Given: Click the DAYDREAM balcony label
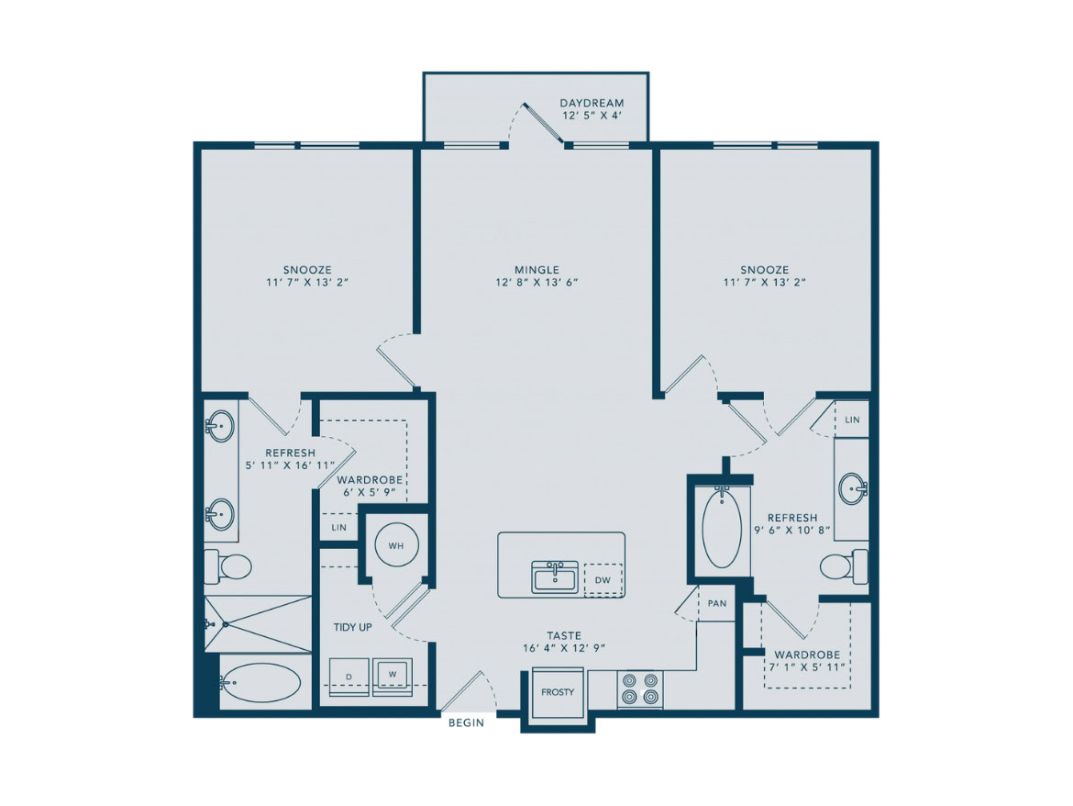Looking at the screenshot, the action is (592, 104).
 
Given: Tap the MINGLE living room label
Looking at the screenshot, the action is (537, 270).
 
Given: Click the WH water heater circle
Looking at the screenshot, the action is (396, 545).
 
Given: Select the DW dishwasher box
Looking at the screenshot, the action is (603, 580).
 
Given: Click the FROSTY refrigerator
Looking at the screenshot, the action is (558, 692).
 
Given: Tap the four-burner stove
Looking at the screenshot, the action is (640, 688).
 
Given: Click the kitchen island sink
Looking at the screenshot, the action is (555, 577).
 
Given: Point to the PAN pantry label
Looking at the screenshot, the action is (717, 603).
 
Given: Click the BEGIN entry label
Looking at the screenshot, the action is (466, 722).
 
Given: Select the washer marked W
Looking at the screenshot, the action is (393, 676).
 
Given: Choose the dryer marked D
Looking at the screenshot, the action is (349, 676).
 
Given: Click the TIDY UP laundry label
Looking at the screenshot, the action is (352, 627).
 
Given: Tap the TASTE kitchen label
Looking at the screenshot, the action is (564, 635).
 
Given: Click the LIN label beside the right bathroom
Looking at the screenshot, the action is (852, 420).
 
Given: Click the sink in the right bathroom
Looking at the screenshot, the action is (854, 488).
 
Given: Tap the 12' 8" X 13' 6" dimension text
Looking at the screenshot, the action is (537, 282).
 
